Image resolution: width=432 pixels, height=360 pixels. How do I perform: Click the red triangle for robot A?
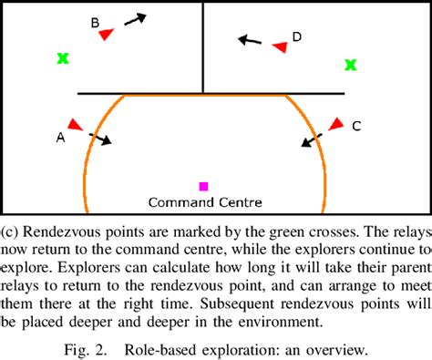point(74,124)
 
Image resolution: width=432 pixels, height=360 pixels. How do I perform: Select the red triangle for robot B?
point(106,34)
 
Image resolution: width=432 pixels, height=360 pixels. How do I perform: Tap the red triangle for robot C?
point(336,123)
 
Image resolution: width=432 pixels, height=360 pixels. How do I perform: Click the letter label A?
point(60,138)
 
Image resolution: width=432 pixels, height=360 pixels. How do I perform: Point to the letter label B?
point(95,21)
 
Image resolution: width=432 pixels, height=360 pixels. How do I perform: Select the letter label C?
point(356,127)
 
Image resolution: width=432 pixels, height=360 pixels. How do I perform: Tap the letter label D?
point(297,36)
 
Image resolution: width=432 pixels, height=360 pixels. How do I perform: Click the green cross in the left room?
point(63,58)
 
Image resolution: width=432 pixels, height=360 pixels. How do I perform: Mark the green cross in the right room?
point(351,65)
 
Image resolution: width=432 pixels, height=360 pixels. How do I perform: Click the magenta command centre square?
point(203,186)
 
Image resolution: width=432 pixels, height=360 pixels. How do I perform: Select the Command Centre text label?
point(205,201)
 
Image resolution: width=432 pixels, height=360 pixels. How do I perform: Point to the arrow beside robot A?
point(99,139)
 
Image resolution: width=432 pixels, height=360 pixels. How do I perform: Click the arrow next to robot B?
point(135,18)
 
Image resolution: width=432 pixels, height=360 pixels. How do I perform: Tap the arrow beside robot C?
point(313,139)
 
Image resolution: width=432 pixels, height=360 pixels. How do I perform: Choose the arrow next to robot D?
point(249,40)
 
